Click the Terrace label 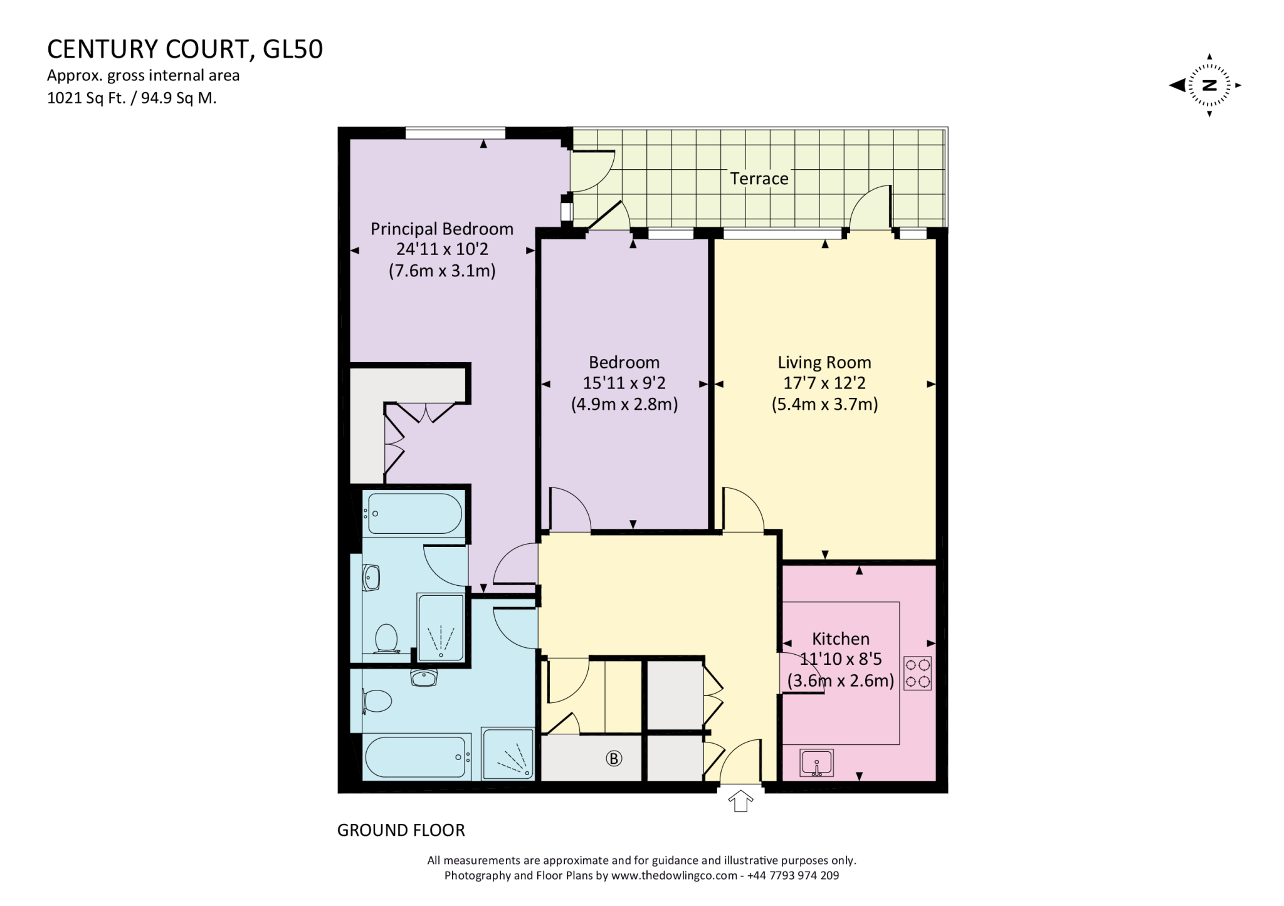(x=759, y=179)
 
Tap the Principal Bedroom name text (x=441, y=229)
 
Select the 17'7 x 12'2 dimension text (x=824, y=383)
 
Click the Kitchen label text (x=841, y=639)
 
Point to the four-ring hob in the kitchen (x=917, y=673)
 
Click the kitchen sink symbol (x=816, y=763)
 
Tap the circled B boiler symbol (x=613, y=759)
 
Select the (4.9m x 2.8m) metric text (x=624, y=405)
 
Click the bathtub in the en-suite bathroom (x=414, y=513)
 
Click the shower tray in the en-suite (x=441, y=628)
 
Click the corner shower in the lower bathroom (x=507, y=754)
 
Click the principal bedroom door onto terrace (x=592, y=172)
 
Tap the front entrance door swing (x=742, y=761)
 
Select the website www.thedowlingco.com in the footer (x=674, y=876)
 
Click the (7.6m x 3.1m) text (x=441, y=271)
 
